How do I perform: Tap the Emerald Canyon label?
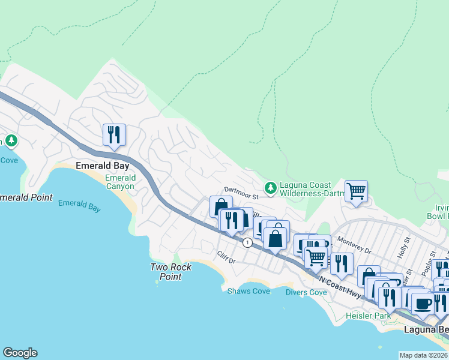(x=121, y=182)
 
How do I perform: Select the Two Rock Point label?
(x=166, y=272)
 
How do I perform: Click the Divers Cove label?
(x=306, y=292)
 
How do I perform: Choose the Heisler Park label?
(x=368, y=316)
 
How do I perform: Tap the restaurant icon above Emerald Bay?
(x=113, y=134)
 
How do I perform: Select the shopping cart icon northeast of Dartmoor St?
(x=356, y=191)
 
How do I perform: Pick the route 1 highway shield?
(x=247, y=242)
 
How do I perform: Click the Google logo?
(x=20, y=353)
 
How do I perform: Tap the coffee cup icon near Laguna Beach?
(x=423, y=304)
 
